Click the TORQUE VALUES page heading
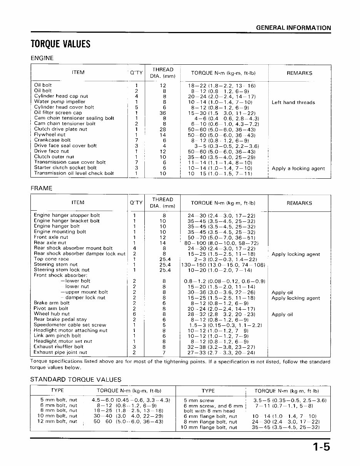[x=60, y=44]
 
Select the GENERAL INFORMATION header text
[x=293, y=28]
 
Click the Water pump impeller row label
[x=60, y=102]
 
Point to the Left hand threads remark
[x=293, y=102]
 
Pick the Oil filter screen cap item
[x=58, y=113]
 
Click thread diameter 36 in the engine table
[x=163, y=113]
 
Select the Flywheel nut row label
[x=50, y=135]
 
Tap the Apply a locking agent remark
[x=298, y=168]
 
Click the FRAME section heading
[x=41, y=188]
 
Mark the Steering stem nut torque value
[x=223, y=265]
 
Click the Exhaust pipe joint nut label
[x=60, y=352]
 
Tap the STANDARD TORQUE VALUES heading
[x=75, y=379]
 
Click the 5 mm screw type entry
[x=199, y=400]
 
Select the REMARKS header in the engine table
[x=299, y=73]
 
